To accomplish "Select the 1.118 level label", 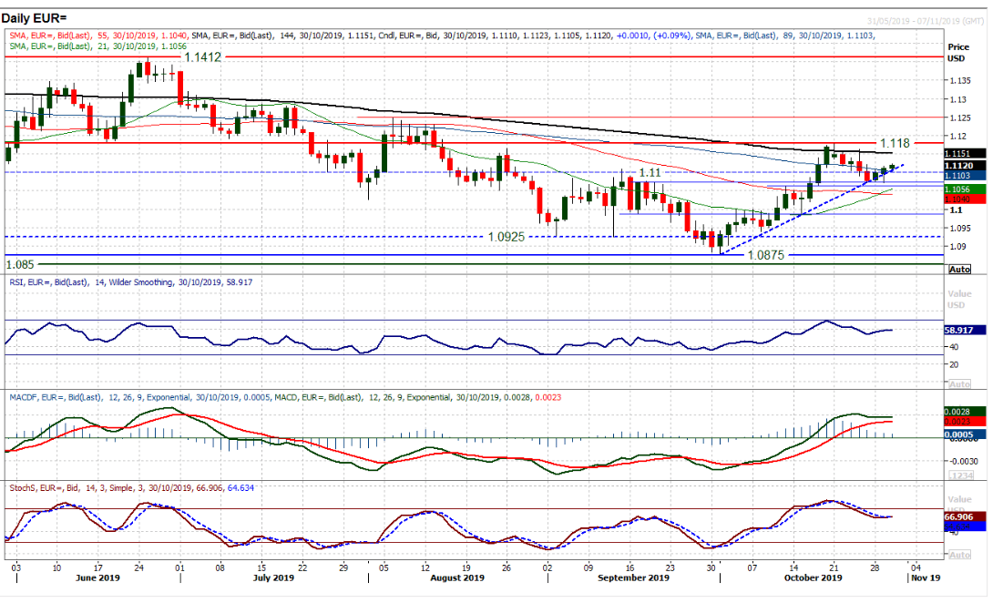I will click(896, 143).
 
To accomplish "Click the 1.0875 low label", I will click(765, 256).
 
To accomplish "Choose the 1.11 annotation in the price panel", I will click(649, 172).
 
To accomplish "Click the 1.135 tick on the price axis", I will click(958, 79).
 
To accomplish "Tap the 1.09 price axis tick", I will click(956, 246).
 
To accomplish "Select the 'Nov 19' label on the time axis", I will click(927, 578).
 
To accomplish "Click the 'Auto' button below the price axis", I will click(959, 271).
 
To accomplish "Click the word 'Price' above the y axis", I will click(958, 46).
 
